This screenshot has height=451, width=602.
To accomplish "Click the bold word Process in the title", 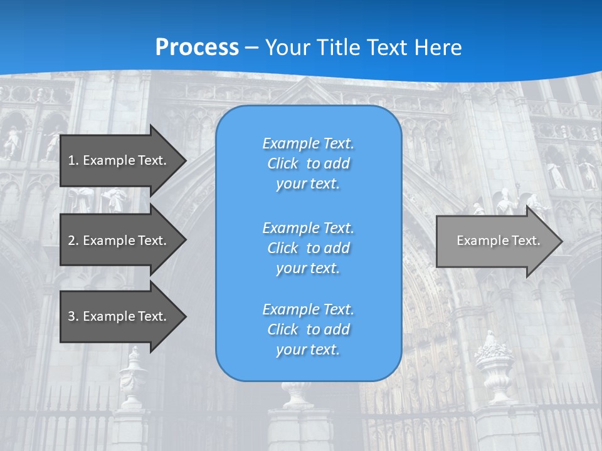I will coord(197,48).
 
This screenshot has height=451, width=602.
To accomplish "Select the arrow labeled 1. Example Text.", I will coord(119,160).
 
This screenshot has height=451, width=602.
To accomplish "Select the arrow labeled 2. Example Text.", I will coord(119,241).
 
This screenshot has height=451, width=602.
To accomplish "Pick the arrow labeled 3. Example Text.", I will coord(119,316).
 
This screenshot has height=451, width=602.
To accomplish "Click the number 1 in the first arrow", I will coord(71,160).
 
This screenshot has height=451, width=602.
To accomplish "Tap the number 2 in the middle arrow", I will coord(71,241).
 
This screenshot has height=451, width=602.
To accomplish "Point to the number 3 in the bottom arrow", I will coord(71,316).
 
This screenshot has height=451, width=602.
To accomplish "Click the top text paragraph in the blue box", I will coord(308,163).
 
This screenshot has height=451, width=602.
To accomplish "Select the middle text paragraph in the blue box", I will coord(308,248).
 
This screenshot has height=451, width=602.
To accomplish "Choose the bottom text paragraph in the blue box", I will coord(308,329).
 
